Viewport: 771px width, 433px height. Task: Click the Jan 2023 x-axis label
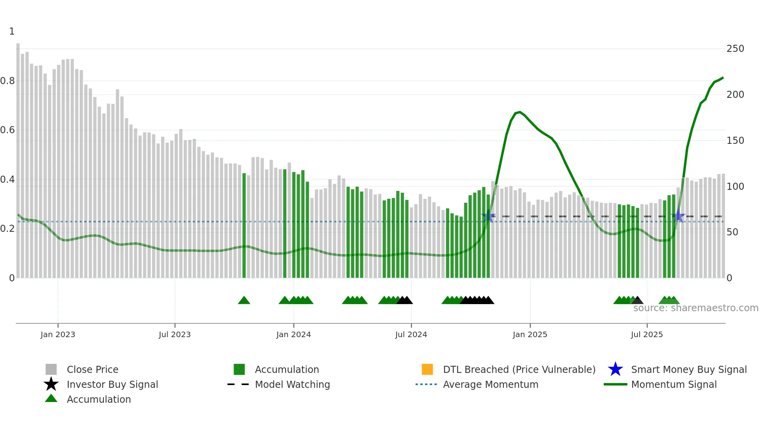pyautogui.click(x=57, y=335)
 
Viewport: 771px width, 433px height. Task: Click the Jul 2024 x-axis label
pyautogui.click(x=411, y=335)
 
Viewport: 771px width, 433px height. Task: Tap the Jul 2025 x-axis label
pyautogui.click(x=647, y=335)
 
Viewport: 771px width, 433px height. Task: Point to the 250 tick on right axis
pyautogui.click(x=735, y=49)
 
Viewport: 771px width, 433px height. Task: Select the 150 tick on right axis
pyautogui.click(x=735, y=141)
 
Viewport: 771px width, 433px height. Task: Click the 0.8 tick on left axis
pyautogui.click(x=7, y=81)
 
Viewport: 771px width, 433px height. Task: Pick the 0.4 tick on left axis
pyautogui.click(x=7, y=180)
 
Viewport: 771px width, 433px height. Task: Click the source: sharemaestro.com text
pyautogui.click(x=695, y=308)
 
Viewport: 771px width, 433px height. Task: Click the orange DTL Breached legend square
pyautogui.click(x=427, y=369)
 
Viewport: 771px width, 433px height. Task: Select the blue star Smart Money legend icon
pyautogui.click(x=615, y=369)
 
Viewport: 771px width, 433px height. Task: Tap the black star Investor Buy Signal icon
pyautogui.click(x=51, y=384)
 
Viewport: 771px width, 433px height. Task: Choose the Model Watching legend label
pyautogui.click(x=292, y=384)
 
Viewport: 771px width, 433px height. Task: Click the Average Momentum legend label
pyautogui.click(x=491, y=384)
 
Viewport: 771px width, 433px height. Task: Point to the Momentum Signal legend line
pyautogui.click(x=615, y=384)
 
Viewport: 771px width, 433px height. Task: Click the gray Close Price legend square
pyautogui.click(x=51, y=369)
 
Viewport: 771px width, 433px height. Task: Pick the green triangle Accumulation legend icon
pyautogui.click(x=51, y=398)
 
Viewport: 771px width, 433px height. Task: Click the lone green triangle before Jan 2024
pyautogui.click(x=244, y=301)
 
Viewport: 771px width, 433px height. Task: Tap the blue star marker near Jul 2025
pyautogui.click(x=678, y=216)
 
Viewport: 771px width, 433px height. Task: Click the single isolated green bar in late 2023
pyautogui.click(x=244, y=226)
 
